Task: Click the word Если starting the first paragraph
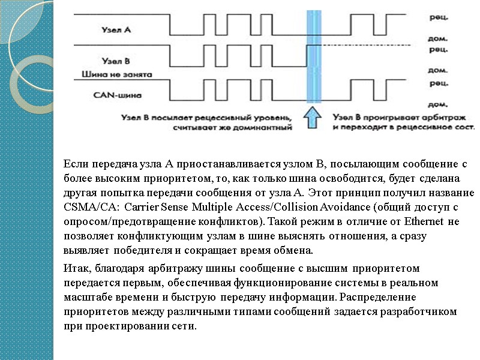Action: [x=75, y=163]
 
